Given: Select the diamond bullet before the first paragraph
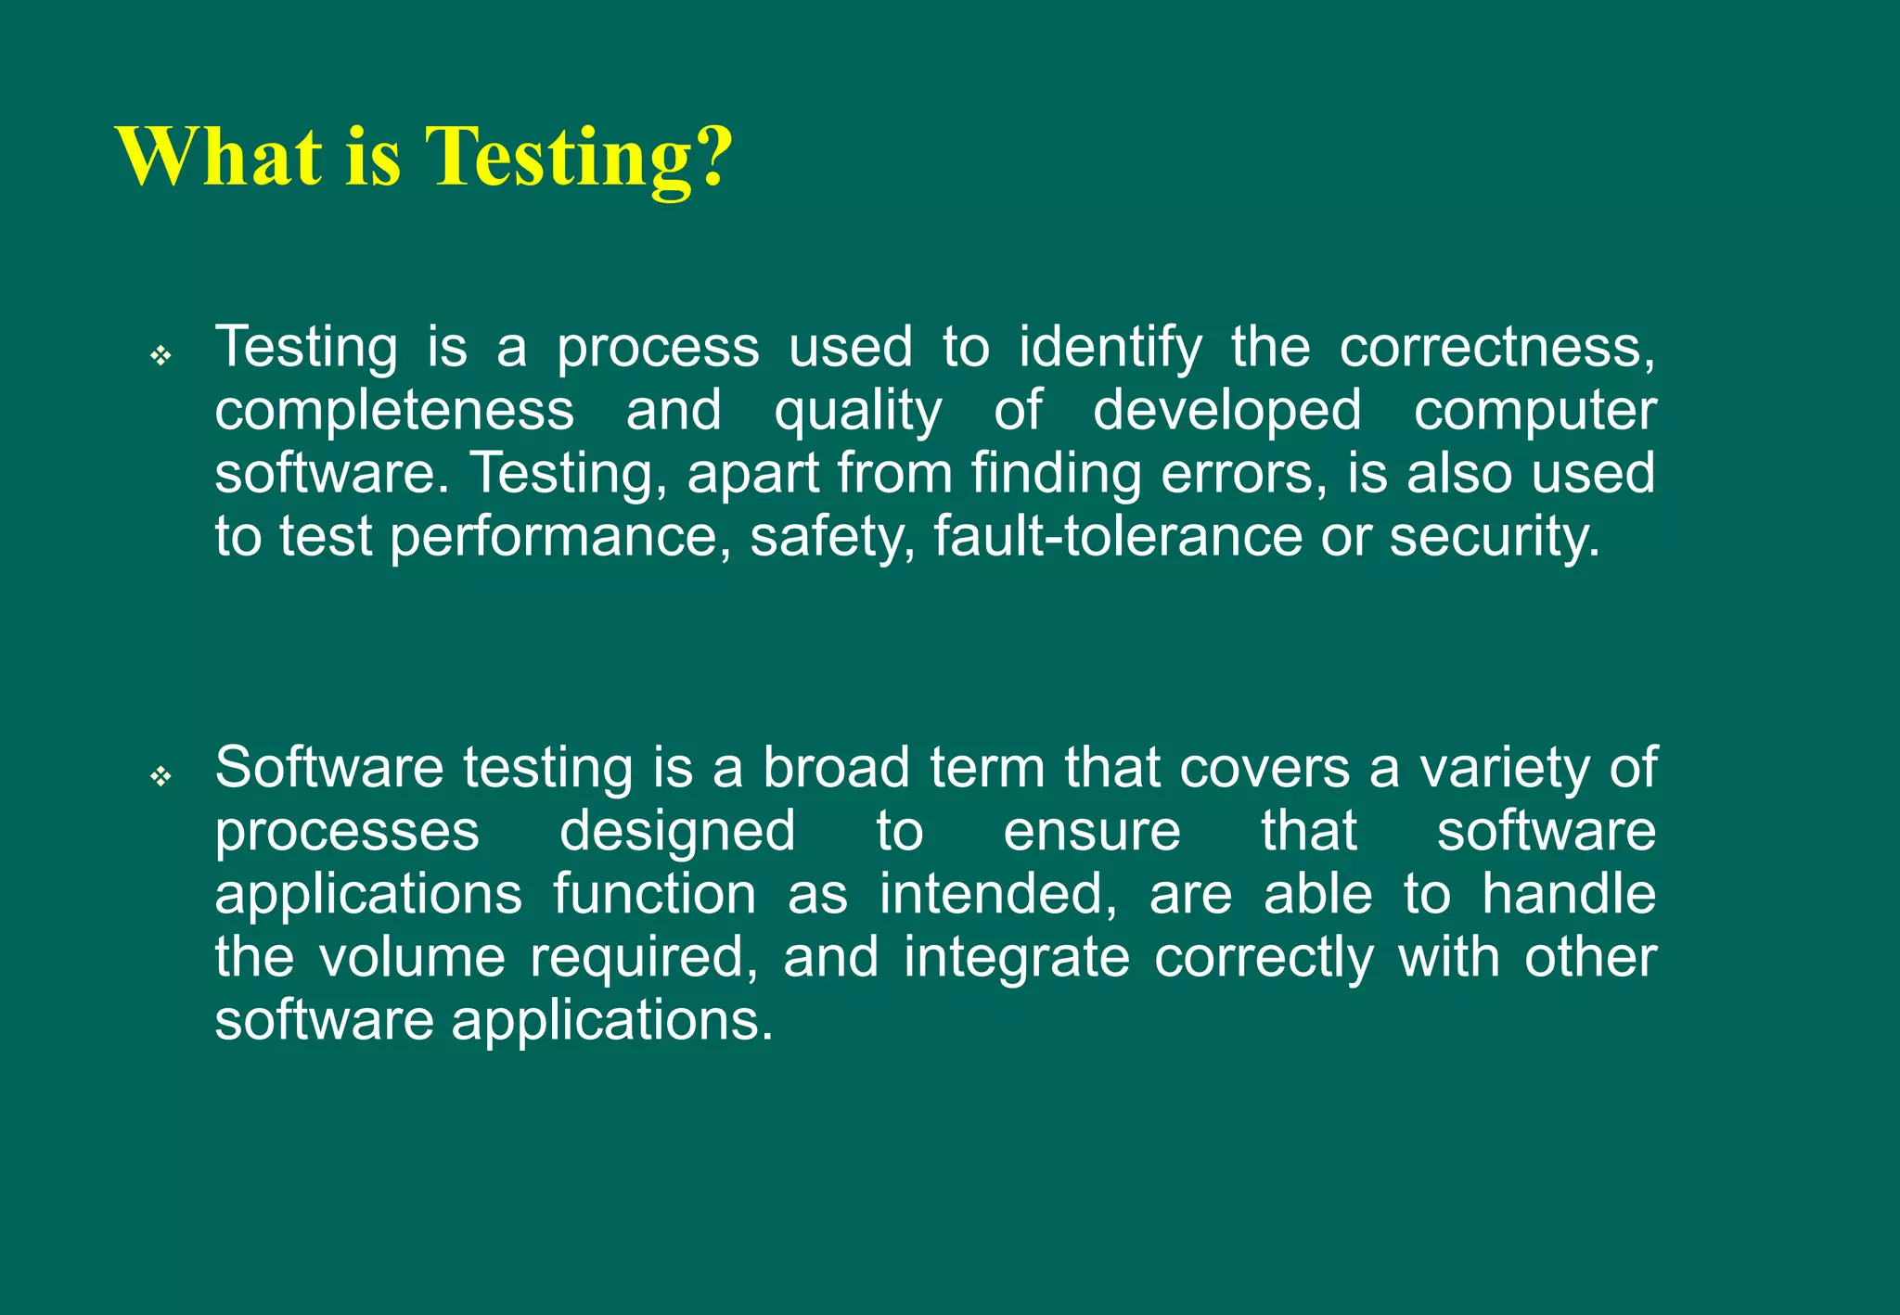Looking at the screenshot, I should tap(161, 355).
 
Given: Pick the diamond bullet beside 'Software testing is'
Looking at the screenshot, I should tap(161, 775).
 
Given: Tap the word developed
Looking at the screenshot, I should tap(1226, 412).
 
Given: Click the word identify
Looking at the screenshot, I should tap(1110, 349).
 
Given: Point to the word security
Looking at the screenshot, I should tap(1494, 538).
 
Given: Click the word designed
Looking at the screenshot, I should tap(677, 833).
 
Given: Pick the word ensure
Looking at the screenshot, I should tap(1092, 831).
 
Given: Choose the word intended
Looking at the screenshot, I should tap(998, 894).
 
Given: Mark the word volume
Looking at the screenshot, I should tap(413, 957).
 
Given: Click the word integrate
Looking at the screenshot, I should tap(1017, 959).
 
